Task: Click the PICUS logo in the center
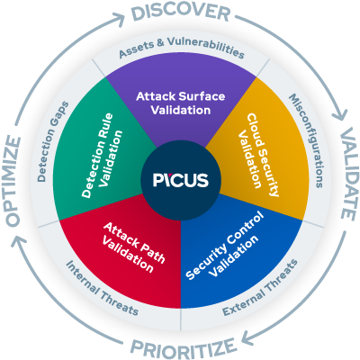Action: [180, 180]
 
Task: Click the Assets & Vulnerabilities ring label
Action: [180, 51]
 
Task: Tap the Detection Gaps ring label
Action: [55, 139]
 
